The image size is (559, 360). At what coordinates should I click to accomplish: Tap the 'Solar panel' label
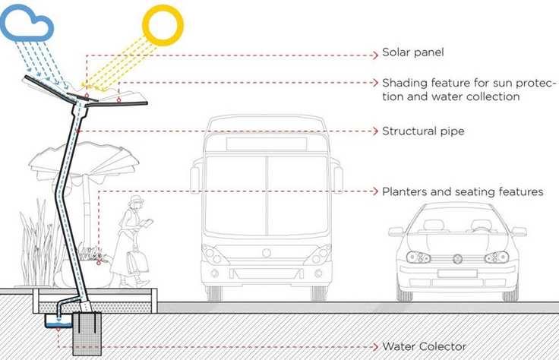point(412,53)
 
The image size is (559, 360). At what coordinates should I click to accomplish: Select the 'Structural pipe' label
point(422,131)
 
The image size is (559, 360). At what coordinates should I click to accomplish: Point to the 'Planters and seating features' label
point(463,192)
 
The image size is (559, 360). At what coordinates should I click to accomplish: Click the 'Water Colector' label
point(424,346)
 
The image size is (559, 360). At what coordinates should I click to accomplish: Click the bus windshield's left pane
point(235,194)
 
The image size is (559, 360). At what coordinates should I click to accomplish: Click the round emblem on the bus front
point(266,253)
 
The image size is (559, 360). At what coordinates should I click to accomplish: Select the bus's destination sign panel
point(266,143)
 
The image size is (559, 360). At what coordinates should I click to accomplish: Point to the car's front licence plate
point(457,273)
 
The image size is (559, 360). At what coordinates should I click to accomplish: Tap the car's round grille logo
point(457,258)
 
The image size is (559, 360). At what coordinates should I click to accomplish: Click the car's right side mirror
point(520,232)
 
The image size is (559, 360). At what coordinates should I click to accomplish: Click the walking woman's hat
point(136,201)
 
